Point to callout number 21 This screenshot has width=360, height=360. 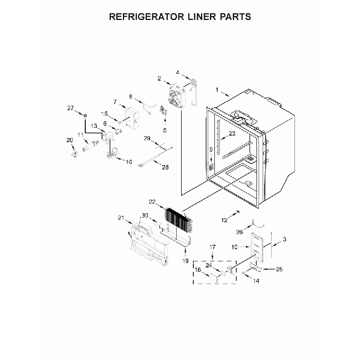[x=121, y=218]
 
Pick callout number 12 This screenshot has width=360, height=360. [x=225, y=220]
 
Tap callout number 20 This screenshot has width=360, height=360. [x=70, y=140]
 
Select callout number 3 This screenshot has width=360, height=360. [x=285, y=239]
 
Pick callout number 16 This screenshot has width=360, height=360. [x=129, y=162]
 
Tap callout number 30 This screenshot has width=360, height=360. [x=145, y=215]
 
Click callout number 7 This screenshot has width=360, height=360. [x=115, y=102]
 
